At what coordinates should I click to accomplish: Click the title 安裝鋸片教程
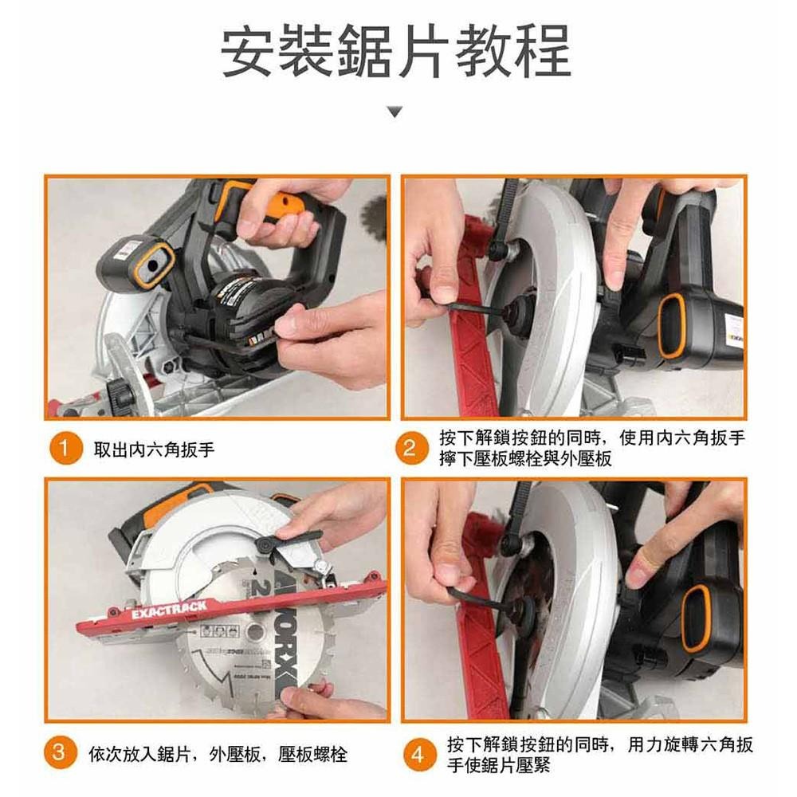pos(396,52)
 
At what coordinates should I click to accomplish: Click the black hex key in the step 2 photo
pos(462,304)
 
